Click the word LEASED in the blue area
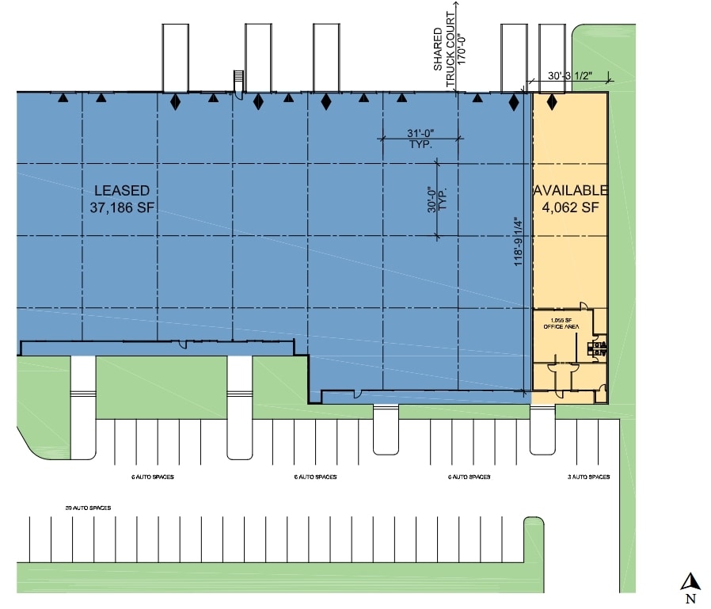click(122, 191)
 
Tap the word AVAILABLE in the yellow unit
click(570, 191)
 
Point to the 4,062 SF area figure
click(570, 208)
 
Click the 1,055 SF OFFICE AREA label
click(559, 323)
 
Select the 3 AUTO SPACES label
click(589, 477)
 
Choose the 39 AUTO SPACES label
click(86, 507)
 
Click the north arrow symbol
click(690, 581)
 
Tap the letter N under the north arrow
click(690, 599)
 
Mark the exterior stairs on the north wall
click(237, 81)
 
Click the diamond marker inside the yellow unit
click(552, 102)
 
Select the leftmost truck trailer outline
click(176, 57)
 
